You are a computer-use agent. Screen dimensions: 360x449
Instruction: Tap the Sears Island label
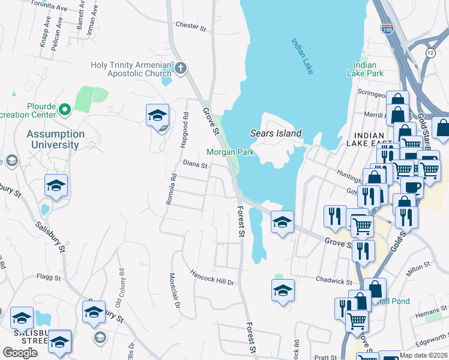tap(276, 133)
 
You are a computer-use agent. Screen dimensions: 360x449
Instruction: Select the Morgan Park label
tap(231, 152)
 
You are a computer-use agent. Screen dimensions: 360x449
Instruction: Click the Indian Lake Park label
tap(365, 69)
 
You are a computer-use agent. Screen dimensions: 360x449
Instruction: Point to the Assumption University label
tap(55, 139)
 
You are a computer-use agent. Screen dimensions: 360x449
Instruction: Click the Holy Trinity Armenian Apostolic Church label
tap(129, 70)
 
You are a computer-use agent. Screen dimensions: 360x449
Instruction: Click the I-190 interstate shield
tap(387, 28)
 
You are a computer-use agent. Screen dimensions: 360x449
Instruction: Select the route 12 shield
tap(430, 53)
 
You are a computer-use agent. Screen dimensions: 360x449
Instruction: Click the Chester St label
tap(190, 26)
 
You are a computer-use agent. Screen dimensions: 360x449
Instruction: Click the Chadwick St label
tap(334, 280)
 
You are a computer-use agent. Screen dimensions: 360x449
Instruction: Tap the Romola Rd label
tap(170, 188)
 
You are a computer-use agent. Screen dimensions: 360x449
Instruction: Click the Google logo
tap(20, 352)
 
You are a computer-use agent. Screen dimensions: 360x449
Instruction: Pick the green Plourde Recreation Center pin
tap(65, 110)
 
